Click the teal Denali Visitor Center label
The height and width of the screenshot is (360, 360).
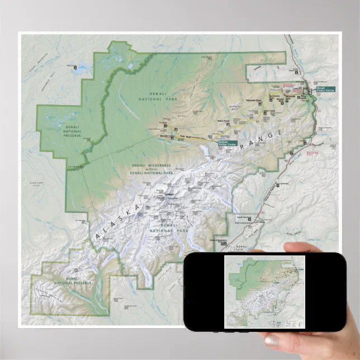coord(325,89)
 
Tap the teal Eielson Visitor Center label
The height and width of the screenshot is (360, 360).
coord(226,143)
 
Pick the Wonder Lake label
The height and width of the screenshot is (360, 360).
coord(165,136)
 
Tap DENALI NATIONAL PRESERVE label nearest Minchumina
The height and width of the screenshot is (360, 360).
coord(73,131)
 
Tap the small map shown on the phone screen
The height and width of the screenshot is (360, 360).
coord(264,291)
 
